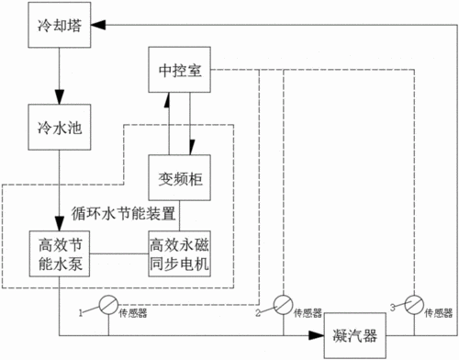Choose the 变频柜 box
tap(180, 176)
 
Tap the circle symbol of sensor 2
tap(283, 303)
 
